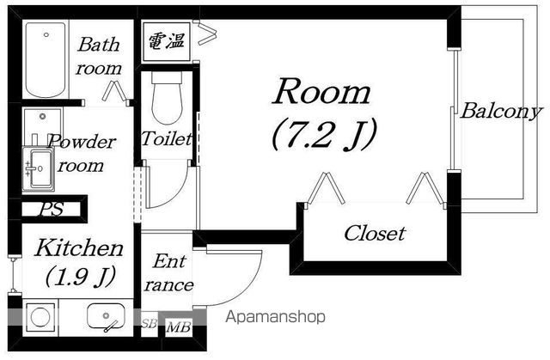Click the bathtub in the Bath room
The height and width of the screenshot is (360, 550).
(46, 59)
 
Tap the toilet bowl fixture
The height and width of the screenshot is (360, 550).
(167, 98)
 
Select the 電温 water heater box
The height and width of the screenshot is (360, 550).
(167, 41)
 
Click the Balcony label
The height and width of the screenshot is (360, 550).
(501, 112)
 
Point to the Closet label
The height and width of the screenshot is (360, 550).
(375, 233)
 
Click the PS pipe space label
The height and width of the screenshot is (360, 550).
(52, 209)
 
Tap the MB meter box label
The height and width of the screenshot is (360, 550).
(179, 327)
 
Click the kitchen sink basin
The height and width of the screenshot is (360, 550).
(106, 316)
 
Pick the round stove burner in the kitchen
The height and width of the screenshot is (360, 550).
(40, 317)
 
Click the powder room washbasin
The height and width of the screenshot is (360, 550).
(39, 168)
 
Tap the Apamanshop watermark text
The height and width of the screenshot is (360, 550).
(275, 317)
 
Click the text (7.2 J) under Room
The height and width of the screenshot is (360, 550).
(325, 135)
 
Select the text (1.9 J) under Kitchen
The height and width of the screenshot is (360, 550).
(80, 277)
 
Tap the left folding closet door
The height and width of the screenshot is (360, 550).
(325, 188)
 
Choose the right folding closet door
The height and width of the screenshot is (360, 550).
(425, 188)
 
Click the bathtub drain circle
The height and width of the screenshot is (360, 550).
(46, 34)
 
